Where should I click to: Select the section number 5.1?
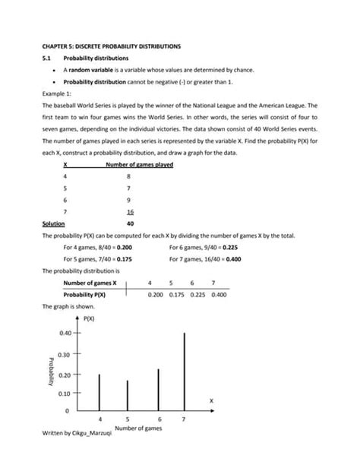47,59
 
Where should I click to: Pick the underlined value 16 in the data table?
131,213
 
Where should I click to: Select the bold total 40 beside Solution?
131,224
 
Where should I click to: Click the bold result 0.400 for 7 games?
233,259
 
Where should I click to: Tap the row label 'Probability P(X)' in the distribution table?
84,294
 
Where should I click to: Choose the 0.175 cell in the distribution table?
178,294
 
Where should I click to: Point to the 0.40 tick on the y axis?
65,334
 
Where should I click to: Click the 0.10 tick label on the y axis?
65,394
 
